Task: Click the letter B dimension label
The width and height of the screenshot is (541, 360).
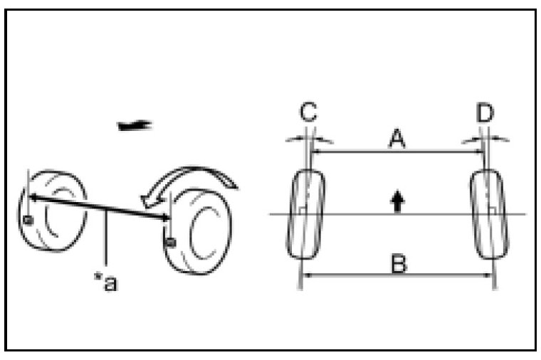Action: pyautogui.click(x=399, y=264)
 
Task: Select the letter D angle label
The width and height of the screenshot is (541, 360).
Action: pyautogui.click(x=487, y=112)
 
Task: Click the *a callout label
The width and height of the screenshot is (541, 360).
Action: pyautogui.click(x=106, y=282)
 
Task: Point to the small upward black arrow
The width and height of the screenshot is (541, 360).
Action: pyautogui.click(x=397, y=201)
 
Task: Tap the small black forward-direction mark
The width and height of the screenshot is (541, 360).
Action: pyautogui.click(x=135, y=126)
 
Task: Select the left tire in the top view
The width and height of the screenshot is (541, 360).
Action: pyautogui.click(x=307, y=213)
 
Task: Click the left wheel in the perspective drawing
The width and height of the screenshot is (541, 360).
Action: pyautogui.click(x=53, y=211)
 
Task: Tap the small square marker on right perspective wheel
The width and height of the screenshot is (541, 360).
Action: pyautogui.click(x=169, y=243)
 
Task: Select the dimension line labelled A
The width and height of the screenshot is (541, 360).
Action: pyautogui.click(x=396, y=151)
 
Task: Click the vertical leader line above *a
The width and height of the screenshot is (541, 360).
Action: pyautogui.click(x=106, y=242)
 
